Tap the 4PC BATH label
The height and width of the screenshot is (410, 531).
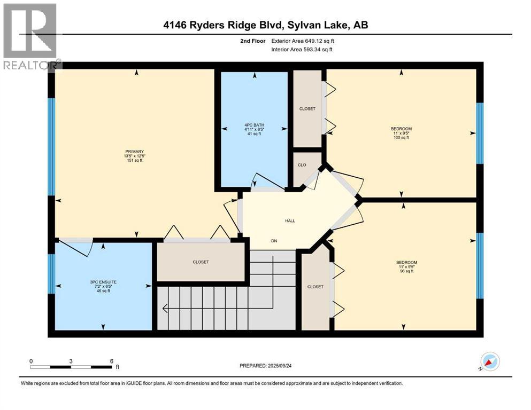click(x=255, y=129)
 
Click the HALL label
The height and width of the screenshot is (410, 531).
click(x=289, y=220)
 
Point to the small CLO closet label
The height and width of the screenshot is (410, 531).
click(x=302, y=165)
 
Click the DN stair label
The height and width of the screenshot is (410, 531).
click(x=274, y=241)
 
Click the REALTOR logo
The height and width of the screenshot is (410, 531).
click(x=30, y=36)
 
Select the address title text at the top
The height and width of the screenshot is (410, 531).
click(x=266, y=25)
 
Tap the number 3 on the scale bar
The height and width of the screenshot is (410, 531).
click(x=71, y=360)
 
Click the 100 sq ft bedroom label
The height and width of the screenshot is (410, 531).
click(x=401, y=133)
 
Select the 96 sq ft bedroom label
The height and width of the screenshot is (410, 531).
click(x=406, y=266)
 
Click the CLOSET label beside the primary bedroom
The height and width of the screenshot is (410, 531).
click(x=201, y=262)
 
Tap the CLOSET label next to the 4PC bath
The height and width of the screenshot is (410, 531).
click(x=307, y=109)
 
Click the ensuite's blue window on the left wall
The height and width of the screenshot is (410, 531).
click(x=51, y=273)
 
